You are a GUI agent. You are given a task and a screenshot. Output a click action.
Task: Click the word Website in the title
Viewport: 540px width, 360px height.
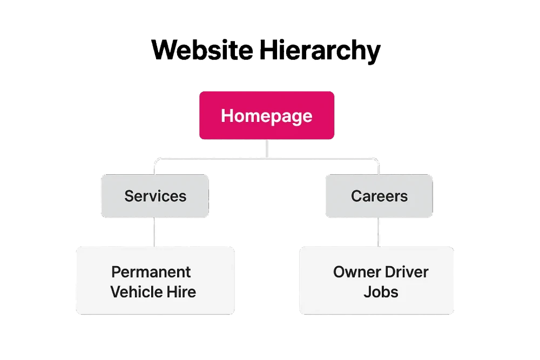[x=202, y=50]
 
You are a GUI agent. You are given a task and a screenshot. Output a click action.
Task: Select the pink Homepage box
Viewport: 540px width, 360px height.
[x=267, y=116]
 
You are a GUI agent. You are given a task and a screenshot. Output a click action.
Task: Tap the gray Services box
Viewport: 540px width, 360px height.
[x=155, y=196]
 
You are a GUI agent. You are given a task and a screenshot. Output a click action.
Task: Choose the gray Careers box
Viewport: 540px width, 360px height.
[x=379, y=196]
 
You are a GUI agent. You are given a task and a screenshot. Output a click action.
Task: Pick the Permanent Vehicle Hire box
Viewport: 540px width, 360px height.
[x=156, y=281]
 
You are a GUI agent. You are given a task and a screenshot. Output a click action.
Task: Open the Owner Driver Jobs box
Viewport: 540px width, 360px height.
[x=376, y=281]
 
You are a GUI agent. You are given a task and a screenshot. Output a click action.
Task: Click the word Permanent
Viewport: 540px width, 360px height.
[x=151, y=272]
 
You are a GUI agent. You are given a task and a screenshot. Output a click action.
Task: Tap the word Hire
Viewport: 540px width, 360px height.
[x=181, y=292]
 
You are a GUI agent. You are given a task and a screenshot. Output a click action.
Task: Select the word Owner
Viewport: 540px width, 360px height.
[x=357, y=272]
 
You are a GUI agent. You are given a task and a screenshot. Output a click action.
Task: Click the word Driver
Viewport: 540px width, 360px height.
[x=407, y=272]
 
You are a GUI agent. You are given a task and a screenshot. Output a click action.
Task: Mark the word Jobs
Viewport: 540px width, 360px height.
[x=381, y=292]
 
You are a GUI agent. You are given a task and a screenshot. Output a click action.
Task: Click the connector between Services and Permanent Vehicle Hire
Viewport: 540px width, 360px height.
[x=154, y=232]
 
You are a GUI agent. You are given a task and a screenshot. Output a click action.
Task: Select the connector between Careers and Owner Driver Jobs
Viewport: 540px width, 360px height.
[x=379, y=232]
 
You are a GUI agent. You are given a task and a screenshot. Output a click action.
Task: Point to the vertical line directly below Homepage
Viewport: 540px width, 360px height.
[x=267, y=148]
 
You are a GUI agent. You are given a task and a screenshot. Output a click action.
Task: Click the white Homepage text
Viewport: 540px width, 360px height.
[x=267, y=116]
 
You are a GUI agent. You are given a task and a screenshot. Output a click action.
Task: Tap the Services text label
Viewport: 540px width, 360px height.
[x=156, y=196]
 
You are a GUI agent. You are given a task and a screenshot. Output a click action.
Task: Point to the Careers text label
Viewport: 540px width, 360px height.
[x=379, y=196]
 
